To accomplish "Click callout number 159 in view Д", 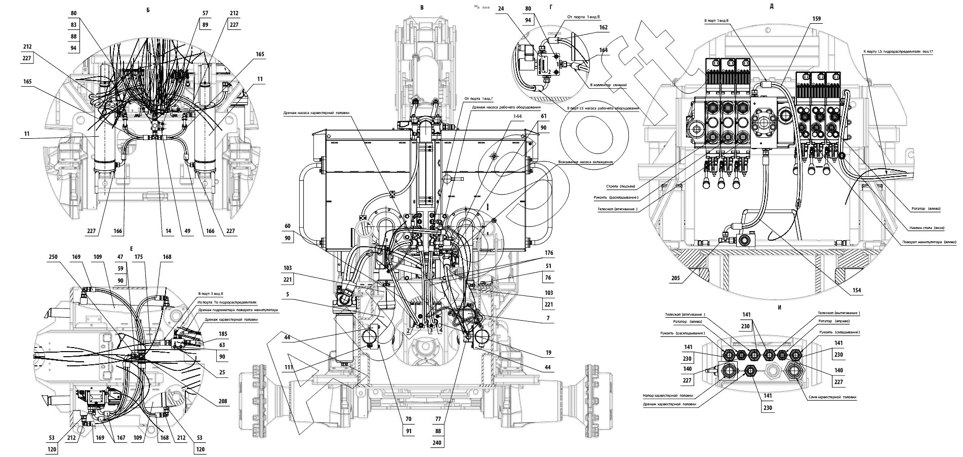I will (816, 19).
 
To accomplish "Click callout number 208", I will (222, 401).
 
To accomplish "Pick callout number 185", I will (223, 334).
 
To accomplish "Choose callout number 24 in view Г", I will (515, 8).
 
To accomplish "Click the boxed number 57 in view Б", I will (205, 14).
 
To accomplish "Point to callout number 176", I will (549, 253).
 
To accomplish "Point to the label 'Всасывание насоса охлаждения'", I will (585, 162).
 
